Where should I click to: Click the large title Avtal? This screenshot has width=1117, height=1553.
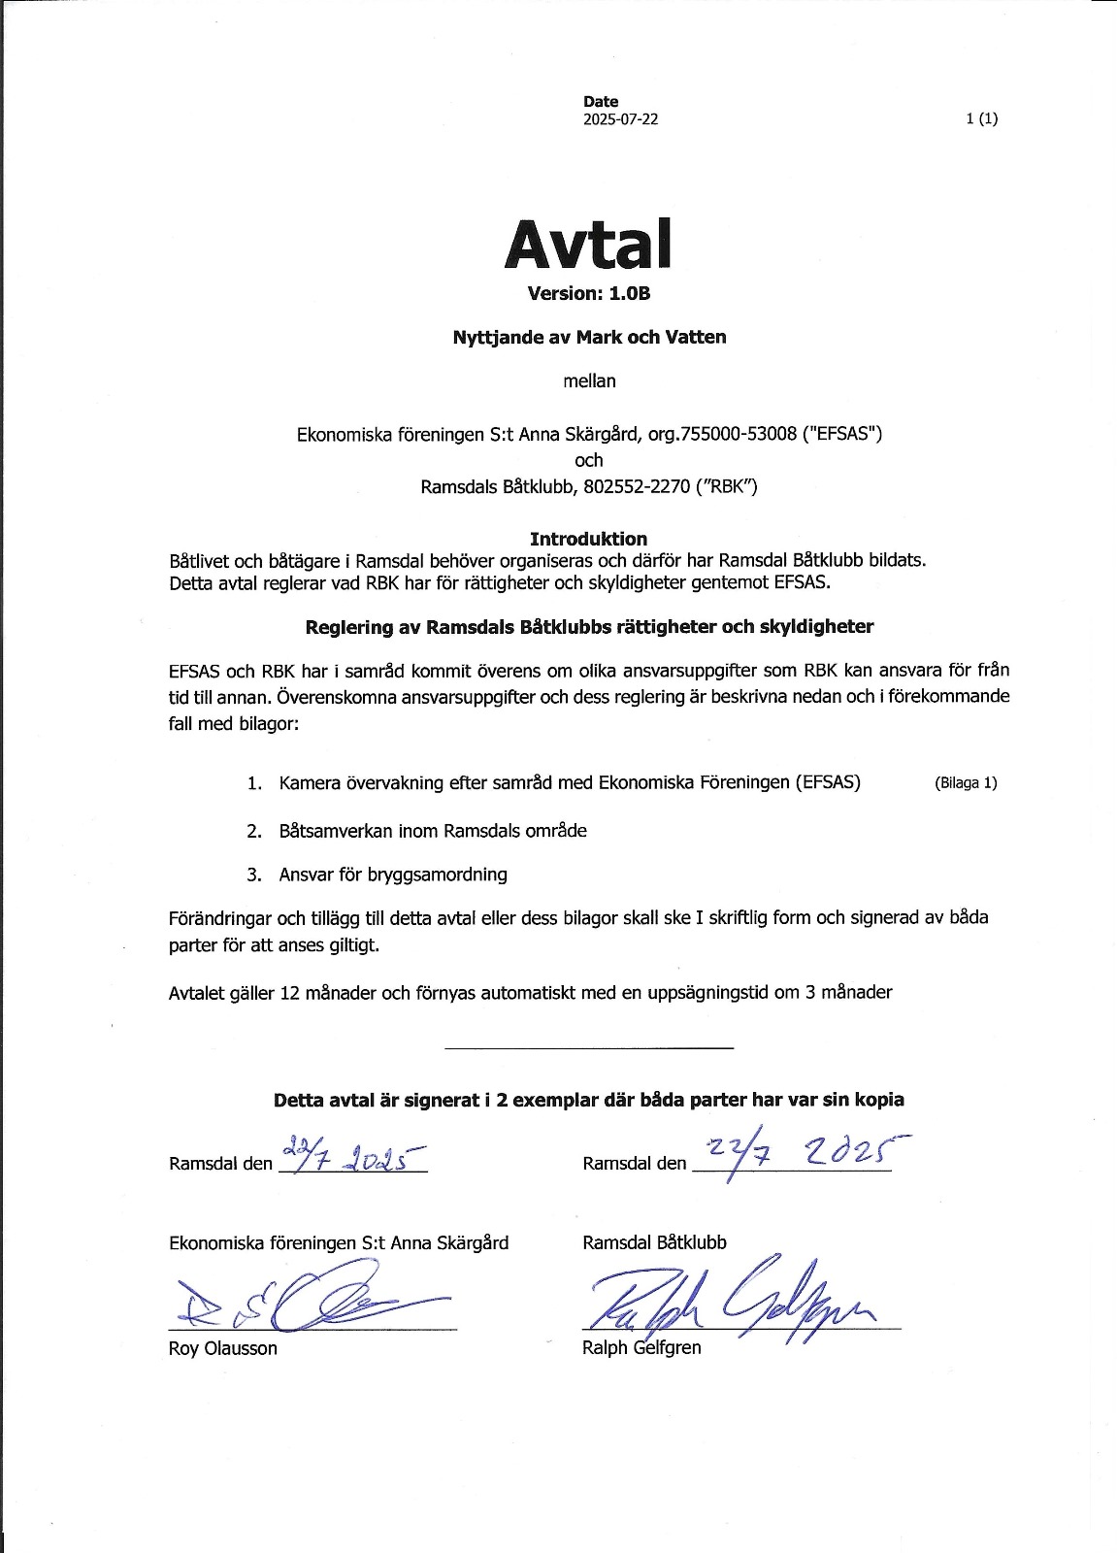coord(588,244)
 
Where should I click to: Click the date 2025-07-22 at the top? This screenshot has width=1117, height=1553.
coord(620,120)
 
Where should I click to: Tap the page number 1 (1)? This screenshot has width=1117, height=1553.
coord(982,119)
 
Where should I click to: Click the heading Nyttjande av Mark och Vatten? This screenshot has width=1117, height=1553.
coord(589,338)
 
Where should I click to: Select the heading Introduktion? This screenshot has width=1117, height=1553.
coord(588,539)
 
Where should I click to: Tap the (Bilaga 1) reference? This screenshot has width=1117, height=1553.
coord(966,783)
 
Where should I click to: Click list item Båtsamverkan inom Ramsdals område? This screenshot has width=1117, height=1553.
coord(433,831)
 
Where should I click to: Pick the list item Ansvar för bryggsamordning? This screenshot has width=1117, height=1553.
coord(393,875)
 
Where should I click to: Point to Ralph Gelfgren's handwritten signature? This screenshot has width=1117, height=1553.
coord(738,1302)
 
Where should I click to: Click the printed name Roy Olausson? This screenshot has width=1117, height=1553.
coord(223,1348)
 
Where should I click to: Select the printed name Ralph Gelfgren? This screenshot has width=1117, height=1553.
coord(641,1347)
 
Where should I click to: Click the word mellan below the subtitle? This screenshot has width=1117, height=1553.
coord(589,381)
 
